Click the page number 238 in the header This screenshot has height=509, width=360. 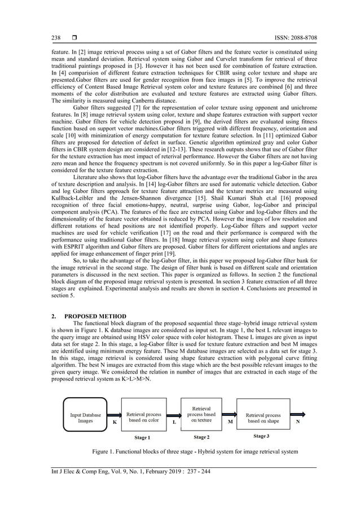pyautogui.click(x=56, y=38)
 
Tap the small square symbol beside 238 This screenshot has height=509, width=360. pyautogui.click(x=74, y=38)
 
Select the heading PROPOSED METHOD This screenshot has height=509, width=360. pyautogui.click(x=94, y=316)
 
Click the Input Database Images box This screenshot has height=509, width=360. pyautogui.click(x=85, y=417)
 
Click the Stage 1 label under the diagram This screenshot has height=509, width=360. pyautogui.click(x=142, y=437)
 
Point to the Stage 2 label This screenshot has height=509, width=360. pyautogui.click(x=201, y=437)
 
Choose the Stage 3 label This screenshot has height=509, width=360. pyautogui.click(x=261, y=436)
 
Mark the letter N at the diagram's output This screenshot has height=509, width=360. pyautogui.click(x=297, y=421)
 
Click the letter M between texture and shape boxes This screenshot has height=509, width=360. pyautogui.click(x=230, y=421)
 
